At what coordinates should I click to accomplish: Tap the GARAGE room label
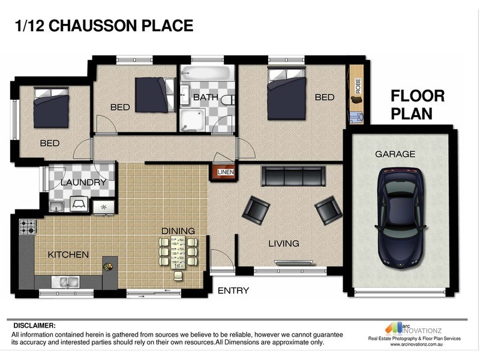[395, 154]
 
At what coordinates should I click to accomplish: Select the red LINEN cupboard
[226, 172]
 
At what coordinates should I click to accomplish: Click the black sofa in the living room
[293, 176]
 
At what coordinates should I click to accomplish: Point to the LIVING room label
[284, 243]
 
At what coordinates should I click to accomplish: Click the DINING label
[178, 230]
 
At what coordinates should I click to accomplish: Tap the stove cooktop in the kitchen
[28, 227]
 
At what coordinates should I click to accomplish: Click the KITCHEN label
[68, 254]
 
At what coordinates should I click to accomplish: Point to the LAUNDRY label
[83, 182]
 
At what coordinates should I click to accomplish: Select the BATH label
[205, 97]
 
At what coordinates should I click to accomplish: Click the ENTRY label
[233, 290]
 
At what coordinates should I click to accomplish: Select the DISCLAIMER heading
[34, 325]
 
